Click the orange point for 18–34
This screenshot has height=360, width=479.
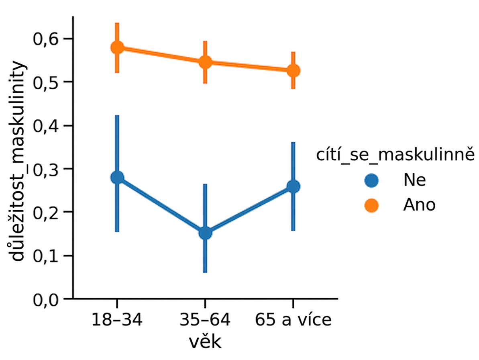pyautogui.click(x=117, y=47)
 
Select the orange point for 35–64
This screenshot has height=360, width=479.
pyautogui.click(x=205, y=62)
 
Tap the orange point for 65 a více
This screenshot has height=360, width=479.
pyautogui.click(x=293, y=71)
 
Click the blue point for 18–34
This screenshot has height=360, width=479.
pyautogui.click(x=117, y=178)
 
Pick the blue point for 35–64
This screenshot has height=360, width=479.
pyautogui.click(x=205, y=233)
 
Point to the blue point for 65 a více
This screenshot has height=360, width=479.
pyautogui.click(x=293, y=186)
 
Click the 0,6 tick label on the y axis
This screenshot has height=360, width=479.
pyautogui.click(x=46, y=39)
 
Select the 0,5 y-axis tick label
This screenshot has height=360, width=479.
pyautogui.click(x=46, y=82)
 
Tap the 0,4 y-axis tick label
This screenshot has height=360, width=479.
pyautogui.click(x=46, y=126)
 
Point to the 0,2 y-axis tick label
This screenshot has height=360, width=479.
pyautogui.click(x=46, y=213)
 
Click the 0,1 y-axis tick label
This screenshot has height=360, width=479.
pyautogui.click(x=46, y=256)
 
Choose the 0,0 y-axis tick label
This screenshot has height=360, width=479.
pyautogui.click(x=46, y=299)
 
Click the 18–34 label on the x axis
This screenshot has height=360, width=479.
pyautogui.click(x=117, y=320)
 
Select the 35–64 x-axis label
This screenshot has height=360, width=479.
pyautogui.click(x=205, y=320)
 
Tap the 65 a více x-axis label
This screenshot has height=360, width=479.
pyautogui.click(x=293, y=320)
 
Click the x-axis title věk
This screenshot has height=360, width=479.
pyautogui.click(x=205, y=342)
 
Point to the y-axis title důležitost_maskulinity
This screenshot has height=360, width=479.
pyautogui.click(x=17, y=162)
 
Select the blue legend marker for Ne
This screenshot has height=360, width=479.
pyautogui.click(x=371, y=180)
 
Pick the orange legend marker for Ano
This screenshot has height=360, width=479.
pyautogui.click(x=371, y=205)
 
